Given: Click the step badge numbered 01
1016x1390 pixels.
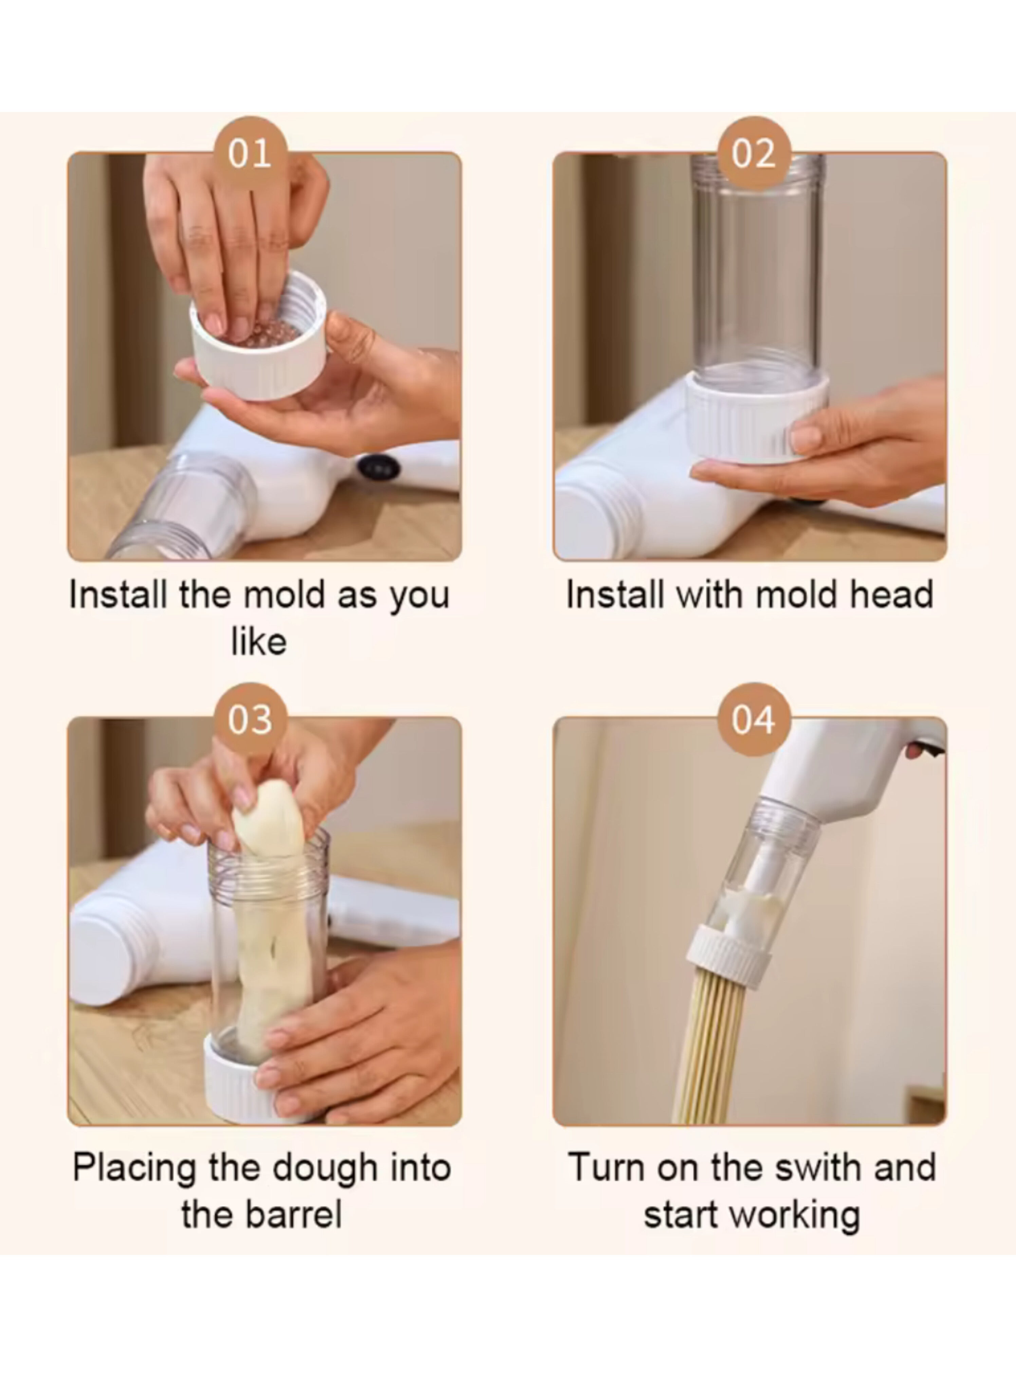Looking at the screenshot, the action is [250, 153].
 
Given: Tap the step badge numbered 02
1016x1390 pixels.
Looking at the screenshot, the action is [754, 153].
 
